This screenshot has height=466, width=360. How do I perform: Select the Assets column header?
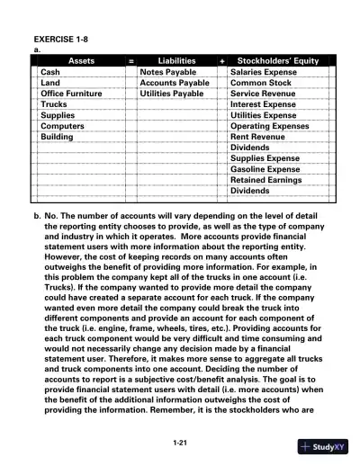tap(78, 60)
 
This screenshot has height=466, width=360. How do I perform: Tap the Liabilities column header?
tap(176, 60)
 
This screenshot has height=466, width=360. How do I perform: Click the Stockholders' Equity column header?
tap(277, 60)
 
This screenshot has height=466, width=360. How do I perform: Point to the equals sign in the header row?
tap(131, 60)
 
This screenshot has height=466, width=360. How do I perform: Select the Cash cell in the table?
tap(51, 71)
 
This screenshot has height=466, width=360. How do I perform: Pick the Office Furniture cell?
tap(71, 93)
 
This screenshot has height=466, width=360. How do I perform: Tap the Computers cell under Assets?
tap(62, 126)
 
